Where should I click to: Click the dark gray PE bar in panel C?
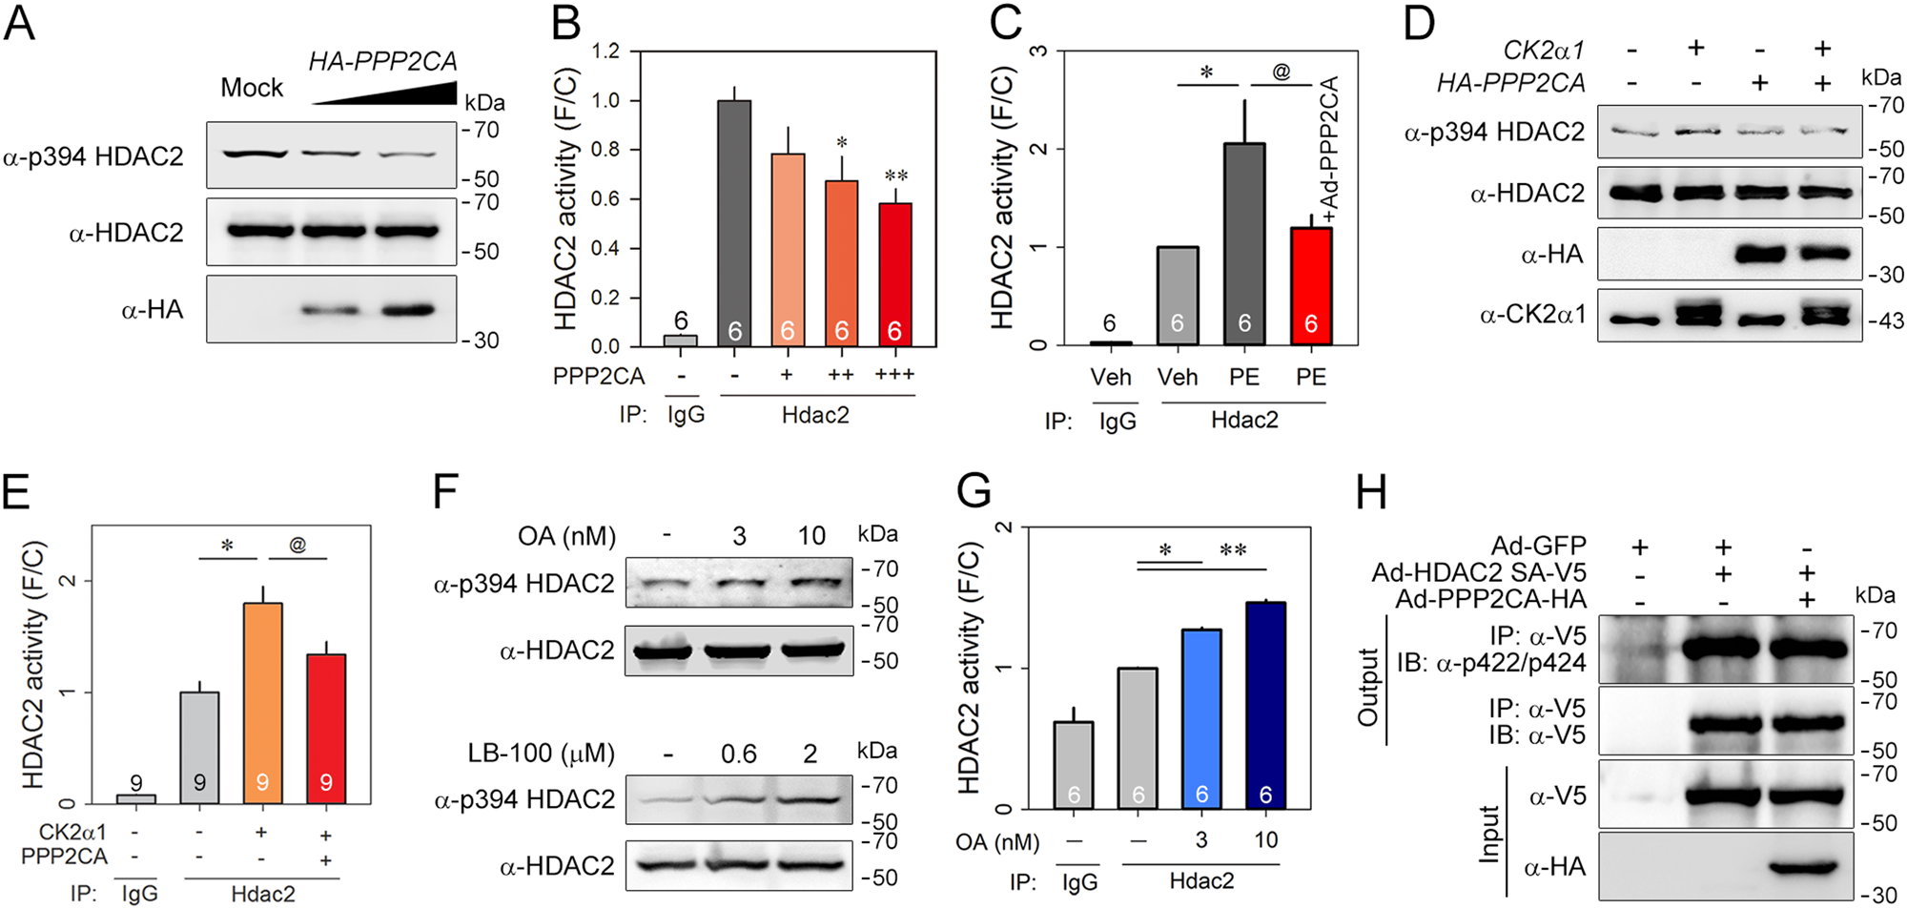pyautogui.click(x=1244, y=243)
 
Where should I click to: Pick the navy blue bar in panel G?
pyautogui.click(x=1265, y=705)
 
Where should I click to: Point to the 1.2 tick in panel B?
pyautogui.click(x=605, y=51)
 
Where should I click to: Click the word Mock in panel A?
pyautogui.click(x=252, y=88)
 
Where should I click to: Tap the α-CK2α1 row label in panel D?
pyautogui.click(x=1531, y=315)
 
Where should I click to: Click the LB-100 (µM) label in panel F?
pyautogui.click(x=542, y=754)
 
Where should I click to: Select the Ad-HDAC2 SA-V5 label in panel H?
pyautogui.click(x=1478, y=572)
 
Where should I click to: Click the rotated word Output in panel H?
pyautogui.click(x=1368, y=687)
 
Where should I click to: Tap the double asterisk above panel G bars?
pyautogui.click(x=1233, y=550)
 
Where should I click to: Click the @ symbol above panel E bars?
pyautogui.click(x=297, y=545)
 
